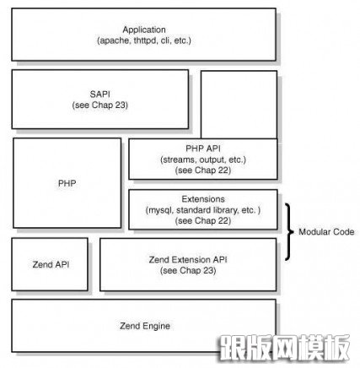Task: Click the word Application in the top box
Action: click(144, 30)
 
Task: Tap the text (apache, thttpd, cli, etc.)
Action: click(144, 41)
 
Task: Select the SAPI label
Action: click(100, 94)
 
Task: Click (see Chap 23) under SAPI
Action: click(100, 106)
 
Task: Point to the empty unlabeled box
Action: click(239, 105)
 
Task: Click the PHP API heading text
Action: click(203, 149)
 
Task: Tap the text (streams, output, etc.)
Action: click(203, 160)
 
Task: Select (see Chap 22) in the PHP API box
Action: click(203, 170)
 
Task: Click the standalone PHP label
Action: click(67, 183)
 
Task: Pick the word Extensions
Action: click(203, 199)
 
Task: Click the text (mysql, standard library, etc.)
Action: click(203, 210)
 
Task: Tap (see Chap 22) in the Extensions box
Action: click(203, 220)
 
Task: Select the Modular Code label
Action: click(326, 232)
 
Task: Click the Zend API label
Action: click(51, 264)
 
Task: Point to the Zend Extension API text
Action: click(188, 259)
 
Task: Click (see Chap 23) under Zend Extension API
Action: click(188, 271)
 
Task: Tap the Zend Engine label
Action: click(145, 326)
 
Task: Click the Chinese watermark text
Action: click(284, 348)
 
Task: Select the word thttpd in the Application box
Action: click(145, 41)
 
